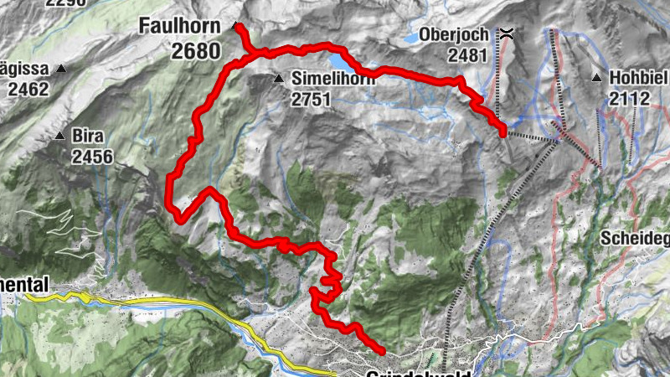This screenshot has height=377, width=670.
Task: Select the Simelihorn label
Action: (330, 80)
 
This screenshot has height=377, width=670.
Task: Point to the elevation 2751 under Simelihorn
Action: (312, 100)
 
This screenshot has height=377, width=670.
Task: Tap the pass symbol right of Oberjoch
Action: (508, 35)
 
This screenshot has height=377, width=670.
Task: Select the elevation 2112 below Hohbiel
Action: (630, 99)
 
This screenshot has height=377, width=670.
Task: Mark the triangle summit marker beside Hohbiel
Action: (596, 79)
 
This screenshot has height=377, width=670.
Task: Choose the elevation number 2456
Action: (92, 156)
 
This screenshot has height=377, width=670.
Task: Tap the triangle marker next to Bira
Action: (60, 135)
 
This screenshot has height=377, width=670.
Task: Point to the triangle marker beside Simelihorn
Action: (279, 79)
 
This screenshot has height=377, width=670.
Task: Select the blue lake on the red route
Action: (341, 62)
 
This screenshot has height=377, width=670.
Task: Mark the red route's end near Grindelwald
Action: (382, 351)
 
